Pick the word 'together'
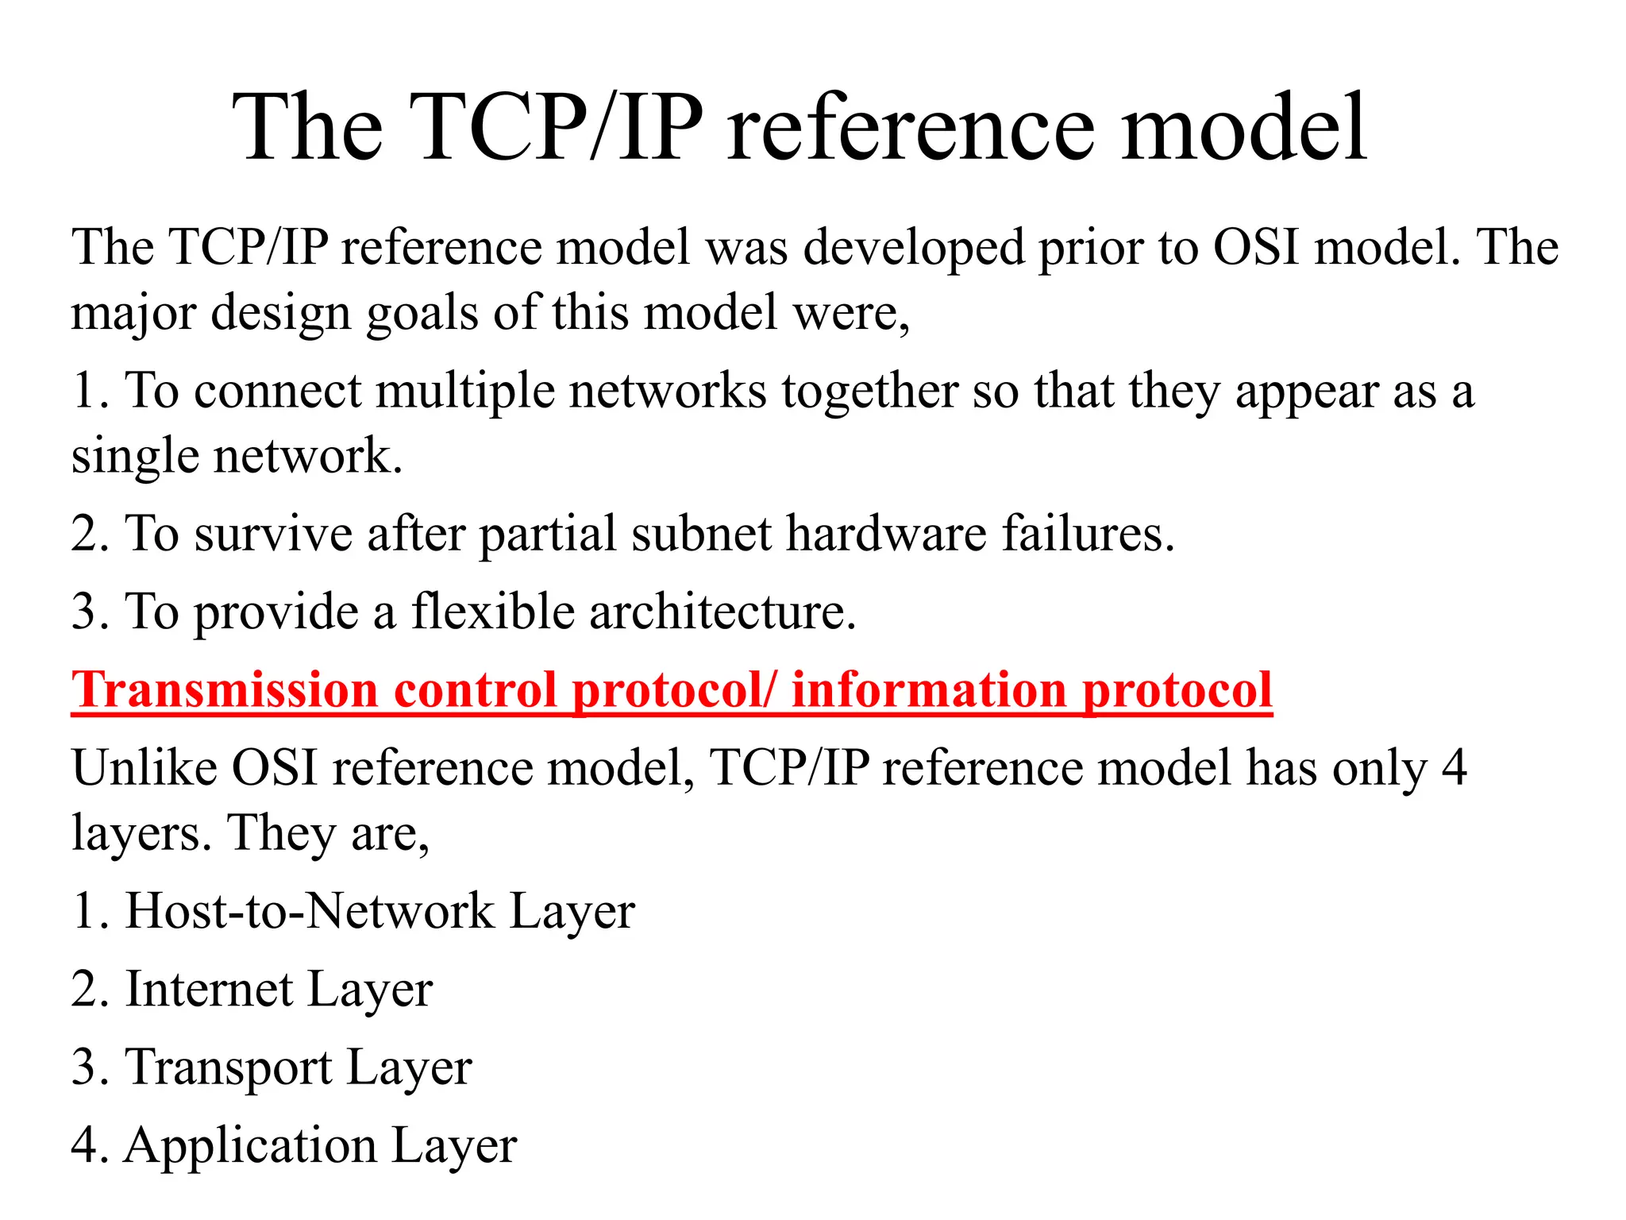click(869, 392)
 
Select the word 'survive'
click(273, 533)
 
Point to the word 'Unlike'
click(144, 768)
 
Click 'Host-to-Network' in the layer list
click(309, 910)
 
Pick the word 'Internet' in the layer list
click(209, 989)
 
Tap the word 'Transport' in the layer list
click(229, 1067)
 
